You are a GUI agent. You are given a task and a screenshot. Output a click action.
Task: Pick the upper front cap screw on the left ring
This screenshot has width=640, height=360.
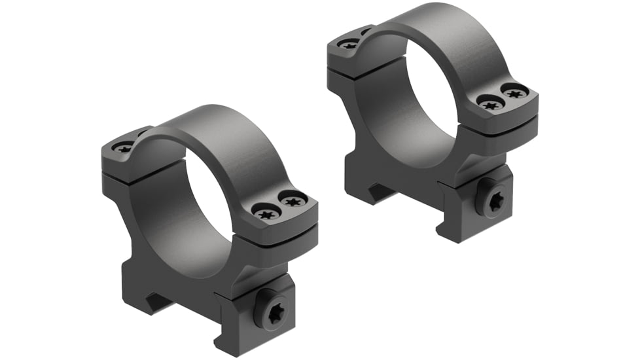[x=293, y=198]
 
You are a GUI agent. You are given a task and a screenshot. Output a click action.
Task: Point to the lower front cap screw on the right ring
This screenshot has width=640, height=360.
[x=489, y=103]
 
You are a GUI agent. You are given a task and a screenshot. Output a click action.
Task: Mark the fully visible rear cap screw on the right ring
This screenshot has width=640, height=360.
[x=349, y=45]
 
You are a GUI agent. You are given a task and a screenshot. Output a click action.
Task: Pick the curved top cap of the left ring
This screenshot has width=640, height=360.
[x=216, y=131]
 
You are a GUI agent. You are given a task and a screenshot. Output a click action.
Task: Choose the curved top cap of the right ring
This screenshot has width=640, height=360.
[x=445, y=29]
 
